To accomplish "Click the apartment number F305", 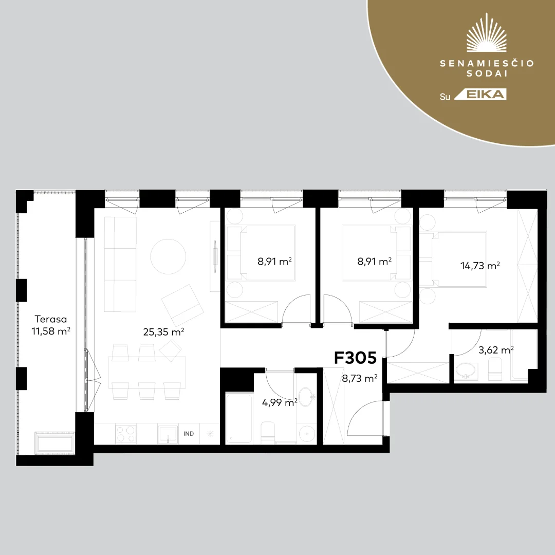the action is pos(355,358).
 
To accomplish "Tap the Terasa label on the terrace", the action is pos(50,319).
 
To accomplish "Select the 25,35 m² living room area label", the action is pos(163,331).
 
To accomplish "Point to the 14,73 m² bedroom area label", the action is pos(479,266).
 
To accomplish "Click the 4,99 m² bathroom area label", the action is pos(280,402).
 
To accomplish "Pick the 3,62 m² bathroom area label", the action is pos(496,350).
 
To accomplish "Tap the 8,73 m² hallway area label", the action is pos(359,378).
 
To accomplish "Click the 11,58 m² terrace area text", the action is pos(50,331).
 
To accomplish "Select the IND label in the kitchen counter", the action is pos(189,434).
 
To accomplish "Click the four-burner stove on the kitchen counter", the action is pos(126,434).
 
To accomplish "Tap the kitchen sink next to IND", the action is pos(168,434).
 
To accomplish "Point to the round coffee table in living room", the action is pos(168,256).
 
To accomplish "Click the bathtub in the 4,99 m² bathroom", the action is pos(239,418).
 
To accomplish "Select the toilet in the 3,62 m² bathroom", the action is pos(495,369).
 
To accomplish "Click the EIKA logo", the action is pos(480,95).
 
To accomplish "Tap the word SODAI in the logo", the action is pos(487,73).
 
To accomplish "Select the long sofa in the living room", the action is pos(120,265).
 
